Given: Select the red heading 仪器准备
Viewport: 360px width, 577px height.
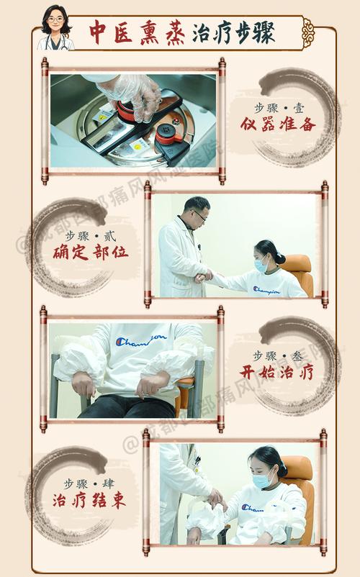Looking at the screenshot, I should (278, 124).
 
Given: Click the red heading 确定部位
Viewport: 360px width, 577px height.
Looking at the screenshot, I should (91, 253).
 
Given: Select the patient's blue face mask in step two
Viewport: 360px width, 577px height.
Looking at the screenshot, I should (261, 265).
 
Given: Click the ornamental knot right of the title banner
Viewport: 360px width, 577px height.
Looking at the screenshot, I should (308, 32).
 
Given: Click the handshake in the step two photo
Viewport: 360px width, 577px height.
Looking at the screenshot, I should (204, 276).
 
